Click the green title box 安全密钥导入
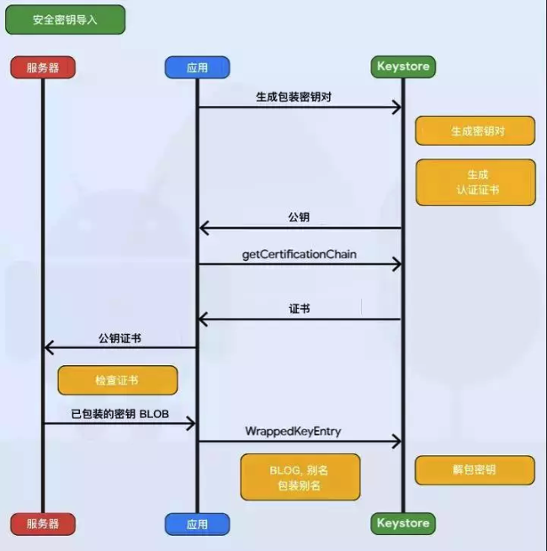tap(66, 19)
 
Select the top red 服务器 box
tap(43, 67)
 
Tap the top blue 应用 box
tap(198, 67)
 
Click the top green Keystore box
tap(403, 66)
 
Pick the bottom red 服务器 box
tap(43, 523)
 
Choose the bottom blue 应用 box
tap(198, 523)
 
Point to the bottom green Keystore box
tap(403, 523)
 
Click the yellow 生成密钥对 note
tap(475, 131)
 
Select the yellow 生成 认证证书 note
tap(475, 183)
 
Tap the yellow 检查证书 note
tap(117, 380)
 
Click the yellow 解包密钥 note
tap(475, 470)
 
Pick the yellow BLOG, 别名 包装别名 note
tap(300, 477)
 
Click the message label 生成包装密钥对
tap(298, 97)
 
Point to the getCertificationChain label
tap(299, 253)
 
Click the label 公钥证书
tap(119, 338)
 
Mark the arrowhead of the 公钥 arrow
tap(204, 228)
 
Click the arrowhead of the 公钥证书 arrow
tap(49, 347)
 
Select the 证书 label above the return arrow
tap(299, 309)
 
